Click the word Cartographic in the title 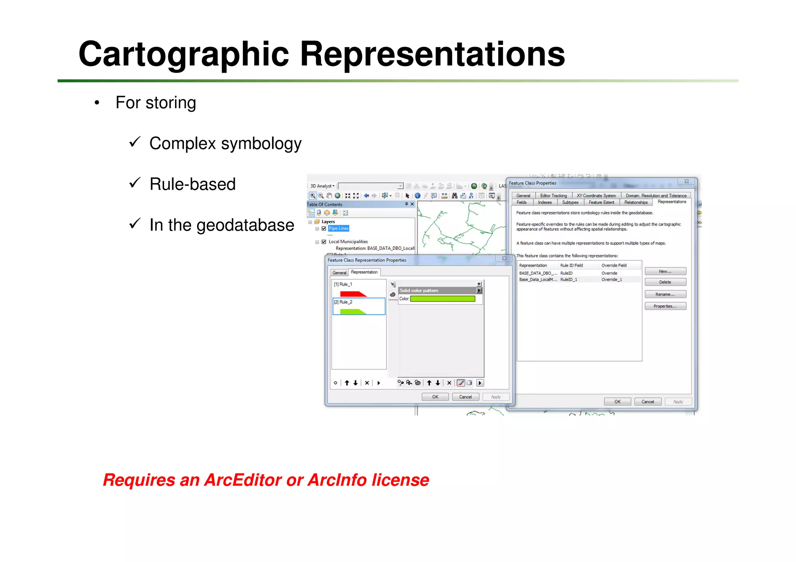point(183,54)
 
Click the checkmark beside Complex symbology point(134,142)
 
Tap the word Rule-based point(192,184)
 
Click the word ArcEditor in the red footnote point(243,480)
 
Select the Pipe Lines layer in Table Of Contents point(338,228)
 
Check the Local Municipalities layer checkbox point(324,242)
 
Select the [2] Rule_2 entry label point(343,302)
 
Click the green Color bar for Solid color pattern point(442,299)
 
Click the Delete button point(665,282)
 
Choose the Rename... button point(665,294)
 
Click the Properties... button point(665,306)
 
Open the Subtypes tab point(570,202)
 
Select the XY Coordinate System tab point(596,196)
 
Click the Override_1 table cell point(611,280)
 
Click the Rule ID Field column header point(571,265)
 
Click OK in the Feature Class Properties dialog point(617,402)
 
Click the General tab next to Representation point(339,273)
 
